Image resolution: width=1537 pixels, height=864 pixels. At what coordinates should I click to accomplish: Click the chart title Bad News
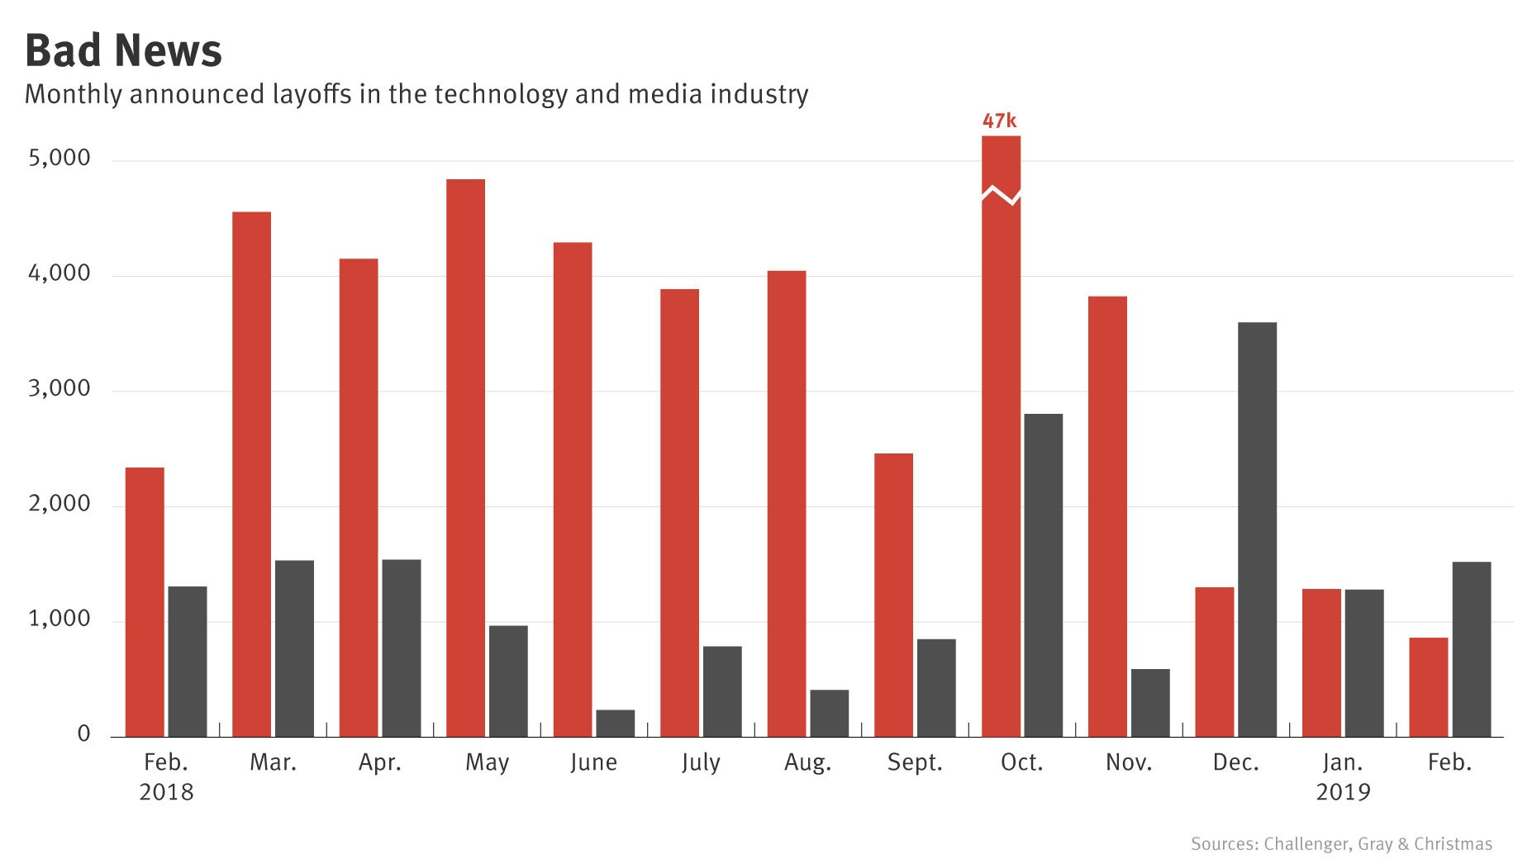point(123,51)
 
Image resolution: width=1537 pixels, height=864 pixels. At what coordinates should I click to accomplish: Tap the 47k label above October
point(999,121)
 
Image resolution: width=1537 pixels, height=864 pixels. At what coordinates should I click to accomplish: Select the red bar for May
point(465,458)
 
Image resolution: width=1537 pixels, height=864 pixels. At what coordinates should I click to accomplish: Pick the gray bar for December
point(1257,529)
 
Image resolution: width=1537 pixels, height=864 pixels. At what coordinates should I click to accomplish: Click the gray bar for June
point(615,723)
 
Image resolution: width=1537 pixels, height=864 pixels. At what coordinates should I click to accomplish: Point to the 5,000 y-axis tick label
point(59,158)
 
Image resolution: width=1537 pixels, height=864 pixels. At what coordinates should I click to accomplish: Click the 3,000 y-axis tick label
point(59,388)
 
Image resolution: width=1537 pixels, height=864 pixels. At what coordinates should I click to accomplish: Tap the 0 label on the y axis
point(83,733)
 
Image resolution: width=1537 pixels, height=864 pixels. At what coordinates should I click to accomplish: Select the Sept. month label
point(915,762)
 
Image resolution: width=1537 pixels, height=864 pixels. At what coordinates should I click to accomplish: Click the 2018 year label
point(166,792)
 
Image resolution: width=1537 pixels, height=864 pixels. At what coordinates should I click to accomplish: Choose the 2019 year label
point(1343,792)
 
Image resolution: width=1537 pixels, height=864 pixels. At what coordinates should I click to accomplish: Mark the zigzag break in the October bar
point(1001,195)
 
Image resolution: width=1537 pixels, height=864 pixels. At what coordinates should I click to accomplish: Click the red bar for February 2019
point(1428,686)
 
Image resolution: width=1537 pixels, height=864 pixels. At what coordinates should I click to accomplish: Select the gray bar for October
point(1043,575)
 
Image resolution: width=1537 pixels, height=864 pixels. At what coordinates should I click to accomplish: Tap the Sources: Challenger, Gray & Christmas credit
point(1340,843)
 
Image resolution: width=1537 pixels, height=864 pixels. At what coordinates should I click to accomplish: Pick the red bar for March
point(251,475)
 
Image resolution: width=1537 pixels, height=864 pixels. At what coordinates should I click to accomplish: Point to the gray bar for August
point(829,713)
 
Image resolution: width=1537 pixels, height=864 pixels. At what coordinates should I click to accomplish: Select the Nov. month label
point(1128,762)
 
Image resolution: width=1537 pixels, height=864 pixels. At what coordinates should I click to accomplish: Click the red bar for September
point(893,595)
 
